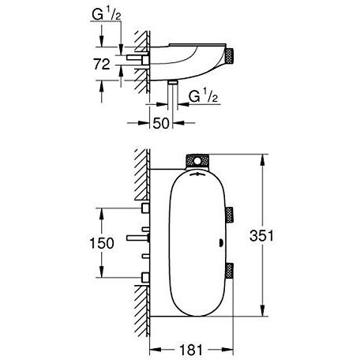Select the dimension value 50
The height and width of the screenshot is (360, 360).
tap(160, 124)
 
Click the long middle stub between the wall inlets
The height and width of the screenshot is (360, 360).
tap(137, 237)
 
